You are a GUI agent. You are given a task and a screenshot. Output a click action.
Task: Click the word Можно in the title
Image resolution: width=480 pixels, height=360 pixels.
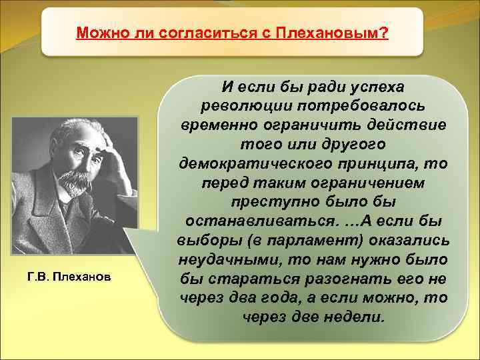(95, 33)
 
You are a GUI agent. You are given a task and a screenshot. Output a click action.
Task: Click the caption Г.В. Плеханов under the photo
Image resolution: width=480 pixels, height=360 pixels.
(65, 275)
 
